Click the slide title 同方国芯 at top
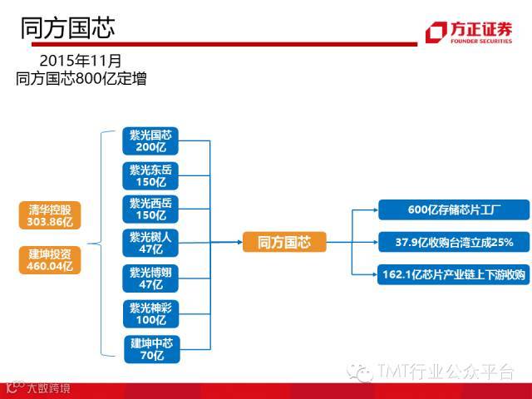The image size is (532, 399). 67,27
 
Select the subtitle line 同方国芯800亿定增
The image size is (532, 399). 81,79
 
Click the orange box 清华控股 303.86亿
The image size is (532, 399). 51,216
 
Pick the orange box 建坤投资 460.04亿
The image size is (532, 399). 51,259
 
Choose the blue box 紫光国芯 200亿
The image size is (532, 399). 150,140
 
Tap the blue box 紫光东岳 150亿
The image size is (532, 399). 150,175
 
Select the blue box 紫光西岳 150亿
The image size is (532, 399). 150,209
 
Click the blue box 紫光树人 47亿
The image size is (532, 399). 150,243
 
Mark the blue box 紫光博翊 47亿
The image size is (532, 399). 150,278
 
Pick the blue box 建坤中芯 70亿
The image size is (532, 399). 150,348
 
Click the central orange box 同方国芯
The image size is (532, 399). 284,243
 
